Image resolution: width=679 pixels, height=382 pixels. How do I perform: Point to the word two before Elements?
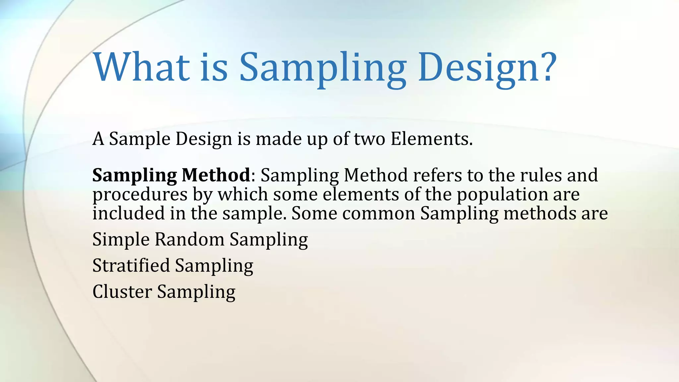369,139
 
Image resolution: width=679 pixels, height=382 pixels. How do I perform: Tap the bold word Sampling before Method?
134,176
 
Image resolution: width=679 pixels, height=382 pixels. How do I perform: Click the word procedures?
140,195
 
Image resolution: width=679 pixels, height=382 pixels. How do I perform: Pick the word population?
502,195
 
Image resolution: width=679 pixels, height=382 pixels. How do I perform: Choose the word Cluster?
122,291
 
